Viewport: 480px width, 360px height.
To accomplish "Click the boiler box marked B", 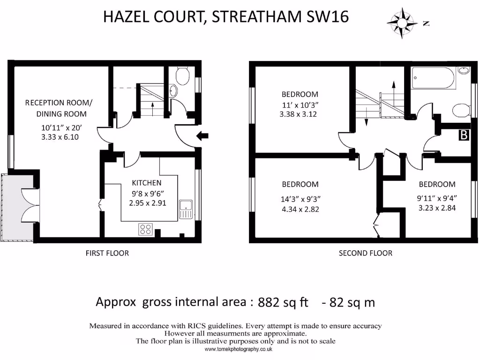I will click(x=464, y=135).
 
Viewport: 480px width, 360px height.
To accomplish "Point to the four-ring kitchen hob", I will click(x=145, y=229).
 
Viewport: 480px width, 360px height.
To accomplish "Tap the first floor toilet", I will click(x=181, y=75).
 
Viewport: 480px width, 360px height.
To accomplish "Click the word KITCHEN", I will click(x=146, y=183).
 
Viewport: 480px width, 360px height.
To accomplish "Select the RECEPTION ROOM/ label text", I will click(x=59, y=103).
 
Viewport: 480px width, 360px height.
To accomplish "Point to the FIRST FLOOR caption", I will click(x=107, y=253).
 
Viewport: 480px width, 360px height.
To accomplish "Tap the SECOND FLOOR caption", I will click(x=366, y=253).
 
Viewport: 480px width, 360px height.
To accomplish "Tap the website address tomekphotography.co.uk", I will click(x=238, y=350).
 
